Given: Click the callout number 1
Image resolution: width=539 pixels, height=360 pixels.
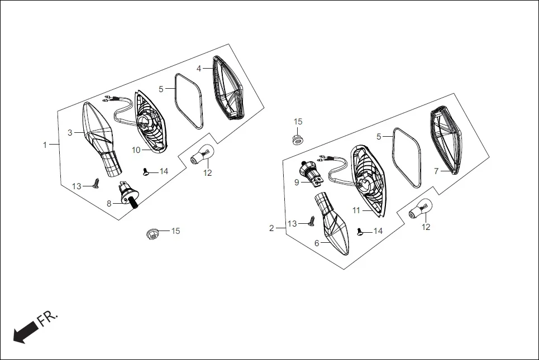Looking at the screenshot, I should pyautogui.click(x=45, y=145).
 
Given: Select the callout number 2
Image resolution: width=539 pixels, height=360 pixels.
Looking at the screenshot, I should pyautogui.click(x=272, y=228).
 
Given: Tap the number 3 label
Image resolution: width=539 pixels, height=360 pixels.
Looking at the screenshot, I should pyautogui.click(x=70, y=133).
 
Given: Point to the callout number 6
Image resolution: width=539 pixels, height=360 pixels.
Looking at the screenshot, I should pyautogui.click(x=316, y=243).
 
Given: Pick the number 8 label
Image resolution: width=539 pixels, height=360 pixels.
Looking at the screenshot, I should pyautogui.click(x=109, y=203).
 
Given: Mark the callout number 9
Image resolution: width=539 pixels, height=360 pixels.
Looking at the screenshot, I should pyautogui.click(x=297, y=182).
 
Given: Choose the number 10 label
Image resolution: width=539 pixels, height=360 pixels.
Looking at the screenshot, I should pyautogui.click(x=136, y=150).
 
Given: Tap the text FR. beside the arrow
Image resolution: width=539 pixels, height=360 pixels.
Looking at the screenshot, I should pyautogui.click(x=47, y=319).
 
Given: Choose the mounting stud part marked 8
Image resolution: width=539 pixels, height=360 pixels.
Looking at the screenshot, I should pyautogui.click(x=128, y=195).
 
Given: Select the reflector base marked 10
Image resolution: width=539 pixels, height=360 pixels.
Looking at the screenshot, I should pyautogui.click(x=150, y=122).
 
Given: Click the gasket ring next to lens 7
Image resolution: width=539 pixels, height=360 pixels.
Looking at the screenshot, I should pyautogui.click(x=406, y=156).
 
